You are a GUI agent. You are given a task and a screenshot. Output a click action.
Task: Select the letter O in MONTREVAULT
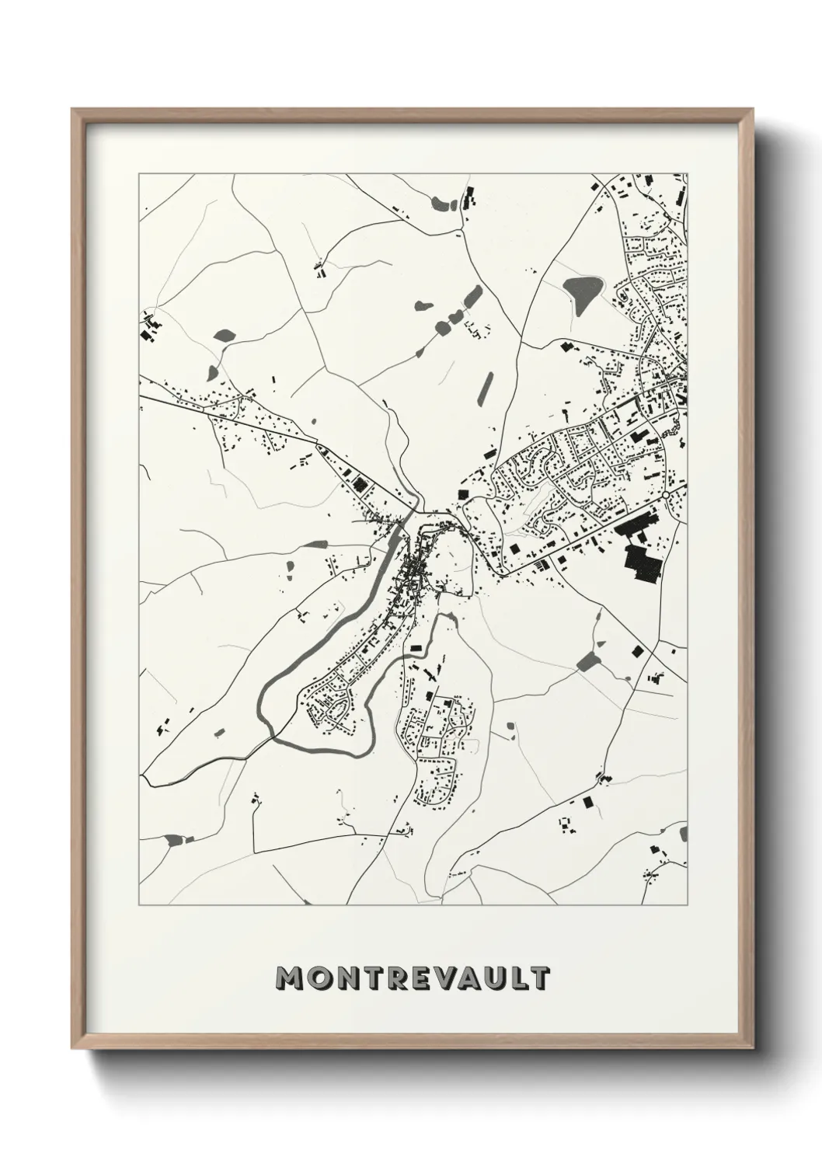tap(319, 979)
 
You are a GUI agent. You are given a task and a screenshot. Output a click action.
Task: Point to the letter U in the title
tap(493, 979)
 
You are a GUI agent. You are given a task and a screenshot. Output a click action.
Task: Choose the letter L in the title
tap(516, 979)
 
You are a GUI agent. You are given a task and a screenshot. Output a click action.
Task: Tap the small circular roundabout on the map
tap(666, 494)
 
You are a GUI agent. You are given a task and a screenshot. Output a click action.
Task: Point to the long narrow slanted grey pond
tap(487, 387)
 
